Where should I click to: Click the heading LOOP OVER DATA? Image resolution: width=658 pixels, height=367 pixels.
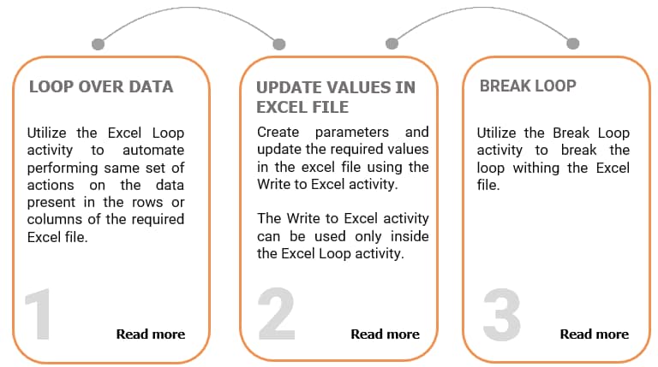(101, 86)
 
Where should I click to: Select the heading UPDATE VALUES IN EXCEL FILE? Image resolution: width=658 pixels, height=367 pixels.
(335, 98)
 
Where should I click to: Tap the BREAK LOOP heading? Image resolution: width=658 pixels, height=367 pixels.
(528, 86)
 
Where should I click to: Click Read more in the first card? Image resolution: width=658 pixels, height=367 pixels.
(151, 334)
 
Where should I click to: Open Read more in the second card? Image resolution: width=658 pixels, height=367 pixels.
(385, 334)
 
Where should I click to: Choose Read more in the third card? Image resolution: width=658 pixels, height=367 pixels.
(594, 334)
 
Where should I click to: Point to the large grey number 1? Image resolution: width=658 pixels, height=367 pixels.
(39, 316)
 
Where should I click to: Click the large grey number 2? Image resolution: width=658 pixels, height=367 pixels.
(276, 316)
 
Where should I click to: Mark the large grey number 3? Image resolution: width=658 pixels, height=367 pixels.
(501, 316)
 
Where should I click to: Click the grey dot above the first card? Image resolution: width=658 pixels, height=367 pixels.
(99, 44)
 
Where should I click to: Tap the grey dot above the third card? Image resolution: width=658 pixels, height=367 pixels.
(573, 44)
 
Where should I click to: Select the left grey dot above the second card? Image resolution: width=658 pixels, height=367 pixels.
(278, 44)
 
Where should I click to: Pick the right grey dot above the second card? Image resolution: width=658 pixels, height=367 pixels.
(392, 44)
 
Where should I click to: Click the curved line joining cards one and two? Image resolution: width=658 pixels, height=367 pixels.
(188, 9)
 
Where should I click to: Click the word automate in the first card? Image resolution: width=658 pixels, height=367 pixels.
(153, 151)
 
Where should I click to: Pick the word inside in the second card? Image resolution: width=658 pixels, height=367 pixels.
(406, 236)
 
